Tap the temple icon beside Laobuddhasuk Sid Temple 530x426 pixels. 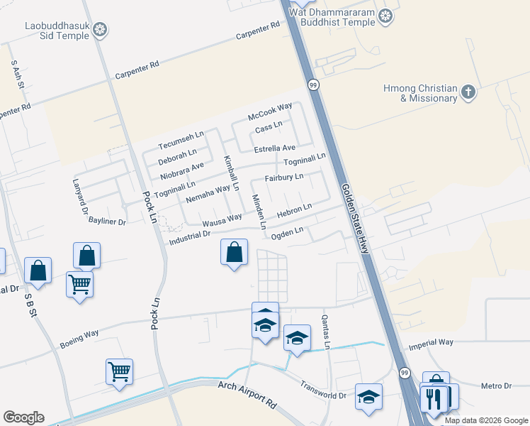101,30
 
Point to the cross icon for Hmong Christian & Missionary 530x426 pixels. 468,92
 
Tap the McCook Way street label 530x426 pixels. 270,111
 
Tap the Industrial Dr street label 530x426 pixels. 191,238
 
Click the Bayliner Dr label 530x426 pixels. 107,222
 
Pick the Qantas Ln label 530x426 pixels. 327,332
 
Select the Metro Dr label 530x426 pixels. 495,386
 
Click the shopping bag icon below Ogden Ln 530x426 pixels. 234,253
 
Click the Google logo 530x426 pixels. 23,417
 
